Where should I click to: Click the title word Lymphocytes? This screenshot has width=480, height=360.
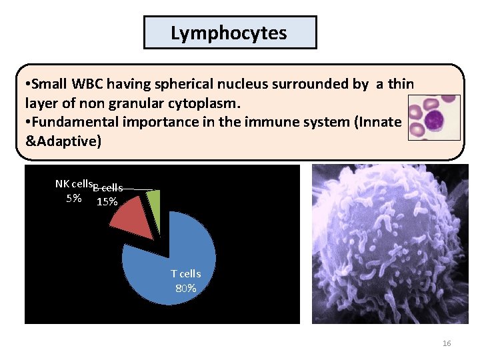229,33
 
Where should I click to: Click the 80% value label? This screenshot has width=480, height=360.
185,288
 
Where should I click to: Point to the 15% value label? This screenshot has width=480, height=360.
107,202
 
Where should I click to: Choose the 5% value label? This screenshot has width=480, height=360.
74,198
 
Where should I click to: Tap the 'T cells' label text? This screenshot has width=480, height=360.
185,273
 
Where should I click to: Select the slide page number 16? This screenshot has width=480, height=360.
447,343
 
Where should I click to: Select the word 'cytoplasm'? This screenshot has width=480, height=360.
210,103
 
